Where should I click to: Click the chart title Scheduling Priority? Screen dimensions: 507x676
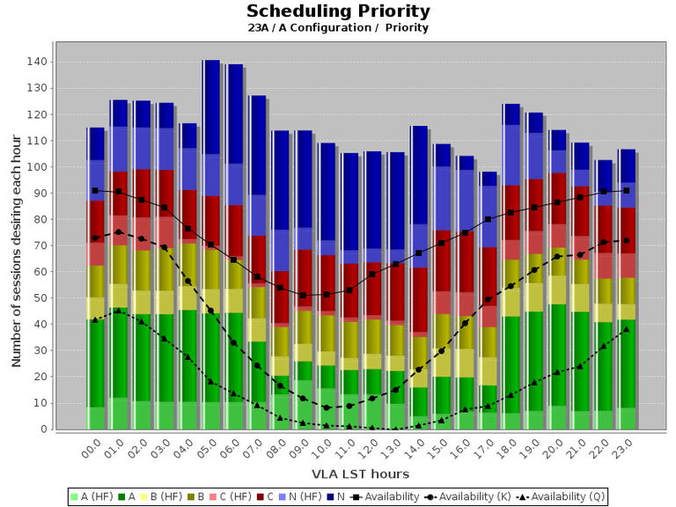tap(338, 11)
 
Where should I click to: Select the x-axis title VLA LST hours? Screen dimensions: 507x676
tap(338, 474)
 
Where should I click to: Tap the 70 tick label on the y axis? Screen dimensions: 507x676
tap(39, 246)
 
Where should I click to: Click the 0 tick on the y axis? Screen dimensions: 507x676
tap(42, 430)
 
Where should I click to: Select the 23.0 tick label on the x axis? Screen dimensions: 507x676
tap(624, 450)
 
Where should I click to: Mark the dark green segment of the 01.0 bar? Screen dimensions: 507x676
tap(118, 352)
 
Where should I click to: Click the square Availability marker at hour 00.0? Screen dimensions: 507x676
tap(95, 190)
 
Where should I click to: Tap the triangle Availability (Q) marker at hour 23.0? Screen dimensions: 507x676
tap(626, 329)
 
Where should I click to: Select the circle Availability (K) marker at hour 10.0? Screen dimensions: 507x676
tap(326, 408)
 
